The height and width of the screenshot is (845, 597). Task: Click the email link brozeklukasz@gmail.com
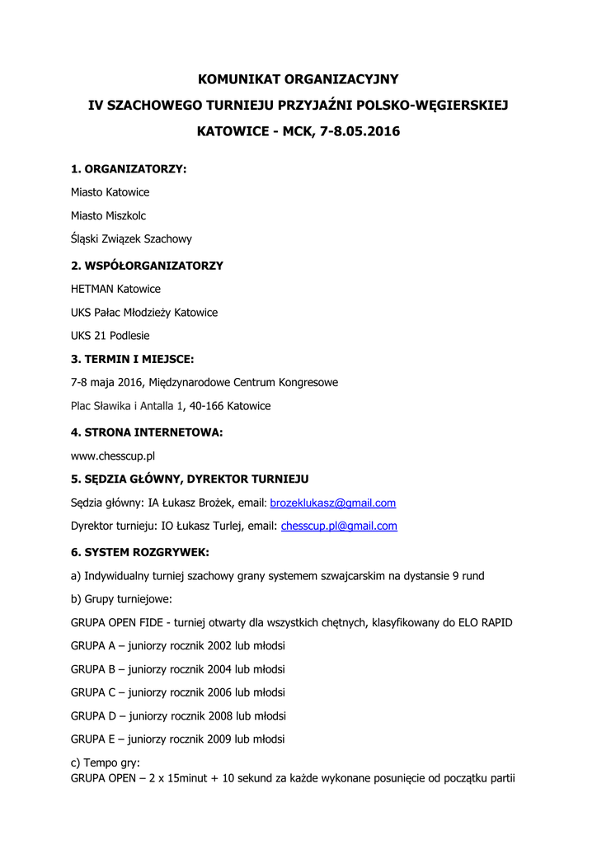click(x=333, y=503)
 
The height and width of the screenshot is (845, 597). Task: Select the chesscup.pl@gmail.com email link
click(x=339, y=526)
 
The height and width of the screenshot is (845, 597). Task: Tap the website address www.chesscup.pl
click(x=114, y=456)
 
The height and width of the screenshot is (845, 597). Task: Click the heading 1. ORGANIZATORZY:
click(x=129, y=169)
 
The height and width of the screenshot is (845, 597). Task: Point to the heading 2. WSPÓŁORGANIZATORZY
click(x=147, y=266)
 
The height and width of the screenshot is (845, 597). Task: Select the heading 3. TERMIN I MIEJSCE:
click(x=133, y=359)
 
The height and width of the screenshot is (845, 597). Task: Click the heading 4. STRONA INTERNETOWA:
click(x=147, y=432)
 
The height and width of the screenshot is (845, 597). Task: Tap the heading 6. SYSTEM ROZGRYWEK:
click(x=140, y=550)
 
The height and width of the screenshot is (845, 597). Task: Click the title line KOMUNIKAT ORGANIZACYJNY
click(x=298, y=79)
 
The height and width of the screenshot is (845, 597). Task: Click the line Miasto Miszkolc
click(x=108, y=215)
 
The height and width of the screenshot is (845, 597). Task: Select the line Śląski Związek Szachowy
click(x=131, y=239)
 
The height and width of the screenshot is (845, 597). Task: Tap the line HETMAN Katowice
click(x=115, y=290)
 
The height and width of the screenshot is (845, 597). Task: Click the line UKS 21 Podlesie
click(x=110, y=336)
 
